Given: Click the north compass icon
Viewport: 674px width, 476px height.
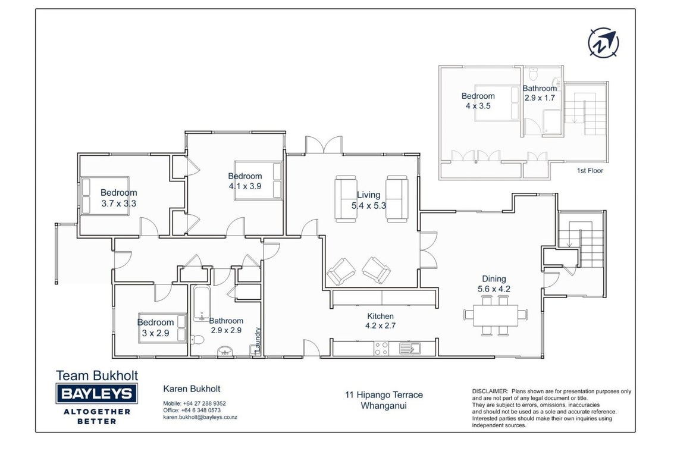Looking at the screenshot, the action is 603,43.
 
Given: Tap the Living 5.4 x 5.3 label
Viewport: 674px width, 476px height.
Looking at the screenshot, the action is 368,201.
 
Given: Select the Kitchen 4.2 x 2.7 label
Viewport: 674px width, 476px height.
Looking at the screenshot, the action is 380,321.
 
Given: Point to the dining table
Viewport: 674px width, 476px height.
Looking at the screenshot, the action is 496,315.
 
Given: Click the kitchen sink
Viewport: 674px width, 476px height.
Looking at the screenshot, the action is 409,348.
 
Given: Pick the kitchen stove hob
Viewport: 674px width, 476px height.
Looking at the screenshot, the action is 381,348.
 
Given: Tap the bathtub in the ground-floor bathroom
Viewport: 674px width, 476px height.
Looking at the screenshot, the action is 201,303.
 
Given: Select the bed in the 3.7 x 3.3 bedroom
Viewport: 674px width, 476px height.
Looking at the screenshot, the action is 105,196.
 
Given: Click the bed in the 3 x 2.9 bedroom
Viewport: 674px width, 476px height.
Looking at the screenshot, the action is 162,328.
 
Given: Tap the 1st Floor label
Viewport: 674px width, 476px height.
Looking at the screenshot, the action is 590,171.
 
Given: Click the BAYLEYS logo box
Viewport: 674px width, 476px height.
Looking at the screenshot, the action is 97,393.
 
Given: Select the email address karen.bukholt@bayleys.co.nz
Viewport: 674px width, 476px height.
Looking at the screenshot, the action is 200,417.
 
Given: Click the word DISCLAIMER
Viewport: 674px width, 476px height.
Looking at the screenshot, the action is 490,392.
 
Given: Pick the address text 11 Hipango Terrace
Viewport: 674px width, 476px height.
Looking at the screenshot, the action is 384,394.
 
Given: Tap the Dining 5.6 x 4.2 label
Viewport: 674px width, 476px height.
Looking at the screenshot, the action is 494,284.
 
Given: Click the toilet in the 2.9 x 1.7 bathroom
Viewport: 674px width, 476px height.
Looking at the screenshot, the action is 533,74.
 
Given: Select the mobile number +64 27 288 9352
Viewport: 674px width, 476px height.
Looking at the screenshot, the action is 204,403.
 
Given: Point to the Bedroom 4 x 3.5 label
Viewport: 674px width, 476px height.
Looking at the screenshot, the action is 478,101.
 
